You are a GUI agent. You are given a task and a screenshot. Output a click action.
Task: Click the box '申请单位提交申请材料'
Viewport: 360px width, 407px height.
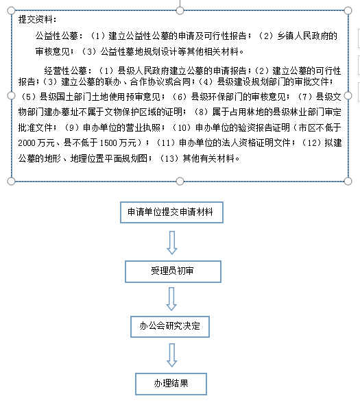[x=171, y=212]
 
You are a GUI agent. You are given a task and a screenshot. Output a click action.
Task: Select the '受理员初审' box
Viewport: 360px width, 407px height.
[x=173, y=271]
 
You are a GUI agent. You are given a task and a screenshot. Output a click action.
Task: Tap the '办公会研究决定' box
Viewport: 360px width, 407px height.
[x=170, y=327]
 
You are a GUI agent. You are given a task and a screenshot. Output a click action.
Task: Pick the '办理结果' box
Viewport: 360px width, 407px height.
[x=171, y=384]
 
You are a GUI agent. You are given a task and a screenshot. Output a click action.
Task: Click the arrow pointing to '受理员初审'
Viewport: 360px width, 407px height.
[x=172, y=243]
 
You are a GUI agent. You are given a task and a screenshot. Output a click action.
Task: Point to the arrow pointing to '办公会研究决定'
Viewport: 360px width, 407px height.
[x=171, y=299]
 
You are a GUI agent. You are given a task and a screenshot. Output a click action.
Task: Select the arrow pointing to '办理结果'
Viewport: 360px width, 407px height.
[x=172, y=355]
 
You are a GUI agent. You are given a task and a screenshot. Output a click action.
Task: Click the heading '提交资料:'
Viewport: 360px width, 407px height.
[x=37, y=19]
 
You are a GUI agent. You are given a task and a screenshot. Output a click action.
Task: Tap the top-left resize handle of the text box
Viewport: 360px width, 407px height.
[x=11, y=11]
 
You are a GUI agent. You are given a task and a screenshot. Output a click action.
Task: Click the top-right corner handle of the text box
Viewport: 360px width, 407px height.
[x=348, y=11]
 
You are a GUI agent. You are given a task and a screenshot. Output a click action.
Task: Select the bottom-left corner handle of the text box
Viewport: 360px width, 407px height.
[x=11, y=181]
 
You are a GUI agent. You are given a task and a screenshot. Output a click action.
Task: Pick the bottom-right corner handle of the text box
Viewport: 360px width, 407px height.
[x=348, y=181]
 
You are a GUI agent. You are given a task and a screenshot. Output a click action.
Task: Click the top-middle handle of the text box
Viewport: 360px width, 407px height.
[x=180, y=11]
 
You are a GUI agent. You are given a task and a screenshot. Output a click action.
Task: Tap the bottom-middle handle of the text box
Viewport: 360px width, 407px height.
[x=180, y=181]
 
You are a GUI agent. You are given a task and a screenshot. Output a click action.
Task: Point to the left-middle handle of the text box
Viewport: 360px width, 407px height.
[x=11, y=96]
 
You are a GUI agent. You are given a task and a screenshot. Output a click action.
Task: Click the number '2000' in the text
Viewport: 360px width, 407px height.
[x=27, y=143]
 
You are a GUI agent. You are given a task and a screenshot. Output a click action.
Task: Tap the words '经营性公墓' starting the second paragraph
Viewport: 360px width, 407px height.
[x=65, y=71]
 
